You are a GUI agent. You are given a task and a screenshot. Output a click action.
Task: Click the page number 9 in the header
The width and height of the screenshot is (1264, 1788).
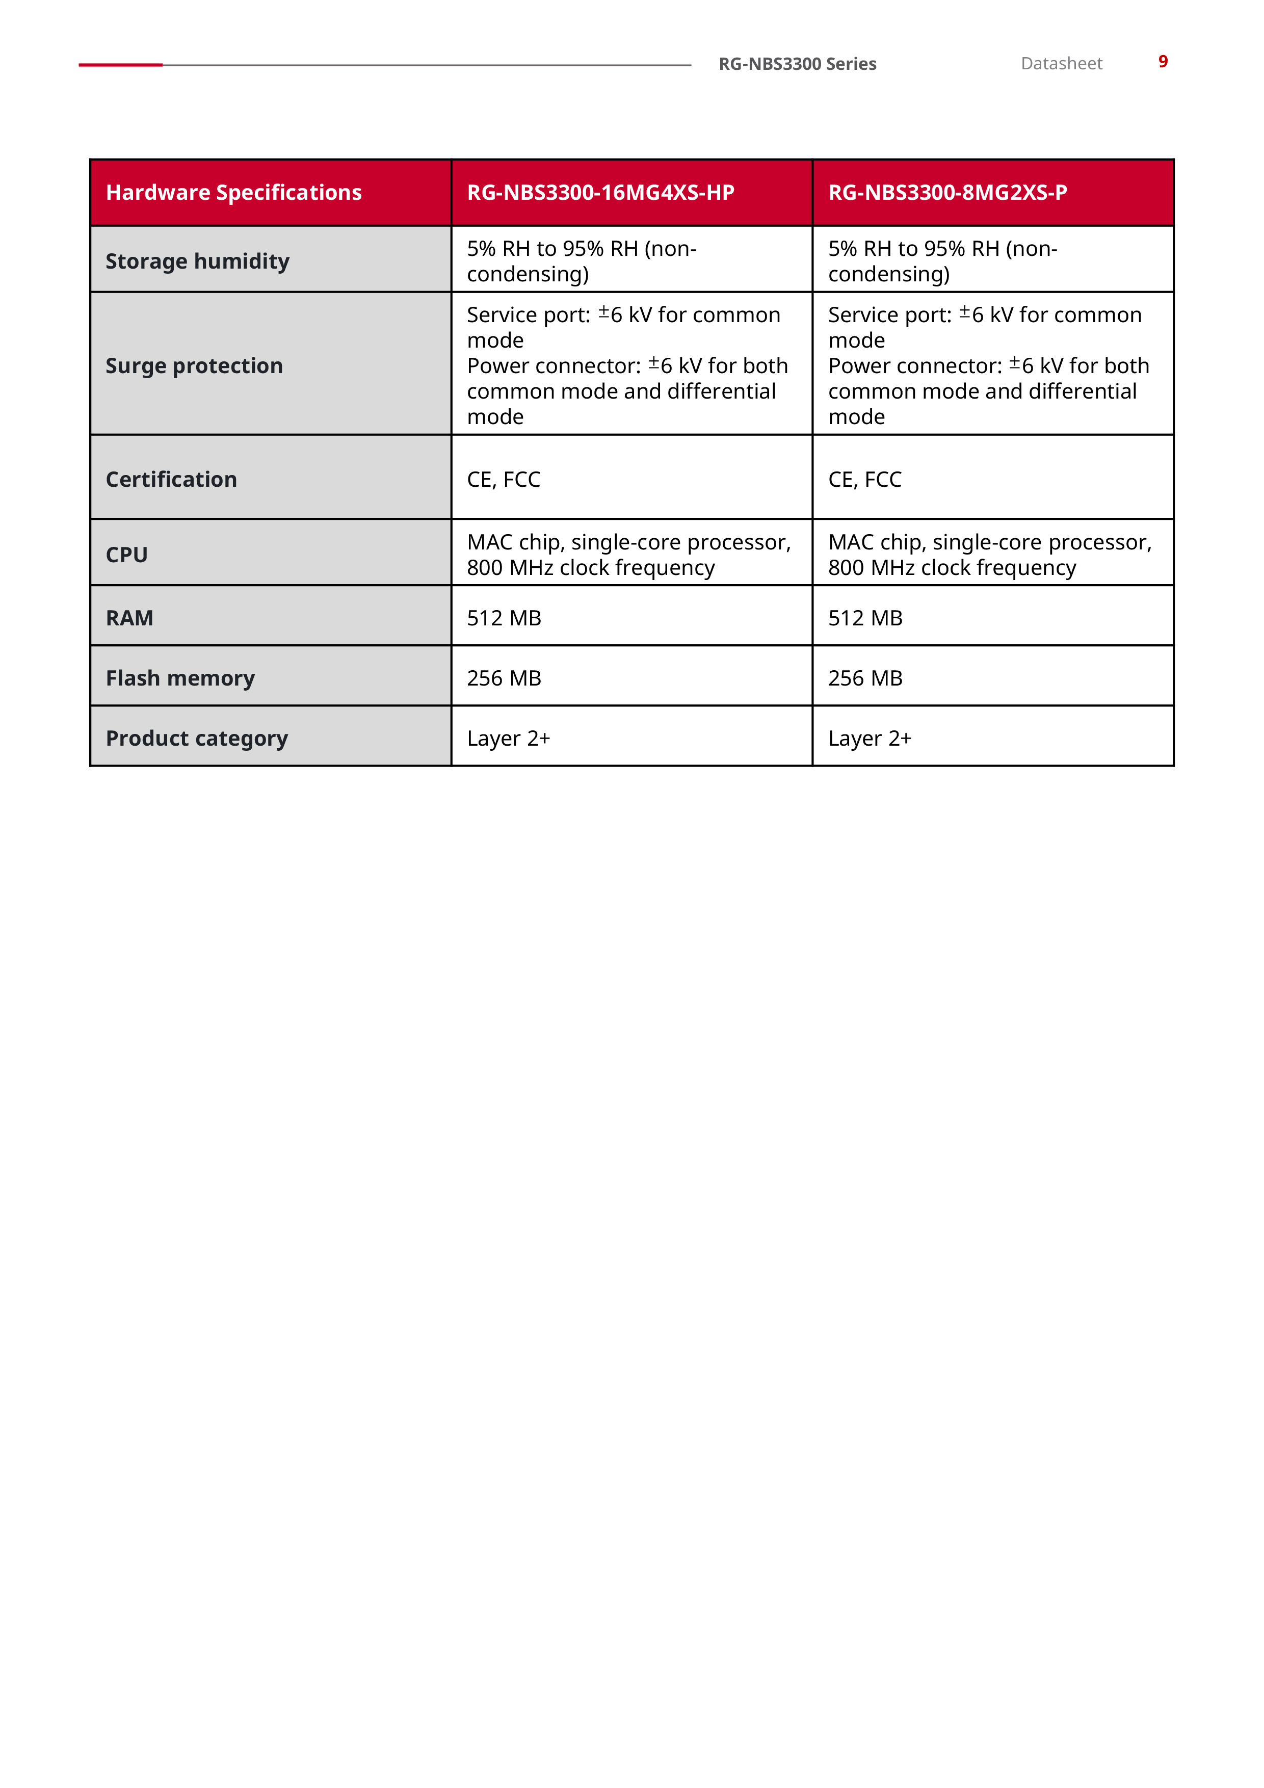point(1162,62)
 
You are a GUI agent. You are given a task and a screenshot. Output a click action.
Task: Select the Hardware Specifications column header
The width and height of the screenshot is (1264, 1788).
point(233,192)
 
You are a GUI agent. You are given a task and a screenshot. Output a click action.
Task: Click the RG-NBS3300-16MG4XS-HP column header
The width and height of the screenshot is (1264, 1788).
point(600,192)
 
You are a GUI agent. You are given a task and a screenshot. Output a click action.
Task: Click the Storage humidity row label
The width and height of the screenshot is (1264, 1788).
point(197,261)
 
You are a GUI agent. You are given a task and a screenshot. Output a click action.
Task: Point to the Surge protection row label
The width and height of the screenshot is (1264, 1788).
point(194,365)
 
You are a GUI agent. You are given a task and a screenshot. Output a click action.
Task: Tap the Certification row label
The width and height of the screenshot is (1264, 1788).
point(171,479)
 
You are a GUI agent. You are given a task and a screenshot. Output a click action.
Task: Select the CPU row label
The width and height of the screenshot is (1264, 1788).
point(127,555)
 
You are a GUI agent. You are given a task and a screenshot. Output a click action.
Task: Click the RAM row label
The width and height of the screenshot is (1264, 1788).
point(129,618)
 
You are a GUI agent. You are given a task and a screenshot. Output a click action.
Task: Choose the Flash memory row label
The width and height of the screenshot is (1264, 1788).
point(180,678)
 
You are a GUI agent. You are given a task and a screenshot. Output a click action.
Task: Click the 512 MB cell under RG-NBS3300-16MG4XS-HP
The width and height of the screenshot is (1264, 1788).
point(504,618)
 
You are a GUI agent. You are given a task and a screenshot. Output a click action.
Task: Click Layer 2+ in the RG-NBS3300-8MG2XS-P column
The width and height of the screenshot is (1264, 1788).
point(869,738)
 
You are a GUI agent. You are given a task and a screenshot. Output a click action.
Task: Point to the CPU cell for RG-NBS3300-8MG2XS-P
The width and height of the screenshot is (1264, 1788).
point(989,555)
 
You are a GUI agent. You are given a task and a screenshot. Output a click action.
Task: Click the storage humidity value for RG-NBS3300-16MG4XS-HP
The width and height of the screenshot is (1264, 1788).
point(581,261)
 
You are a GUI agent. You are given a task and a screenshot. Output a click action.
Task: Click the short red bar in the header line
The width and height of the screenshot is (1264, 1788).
point(121,65)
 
